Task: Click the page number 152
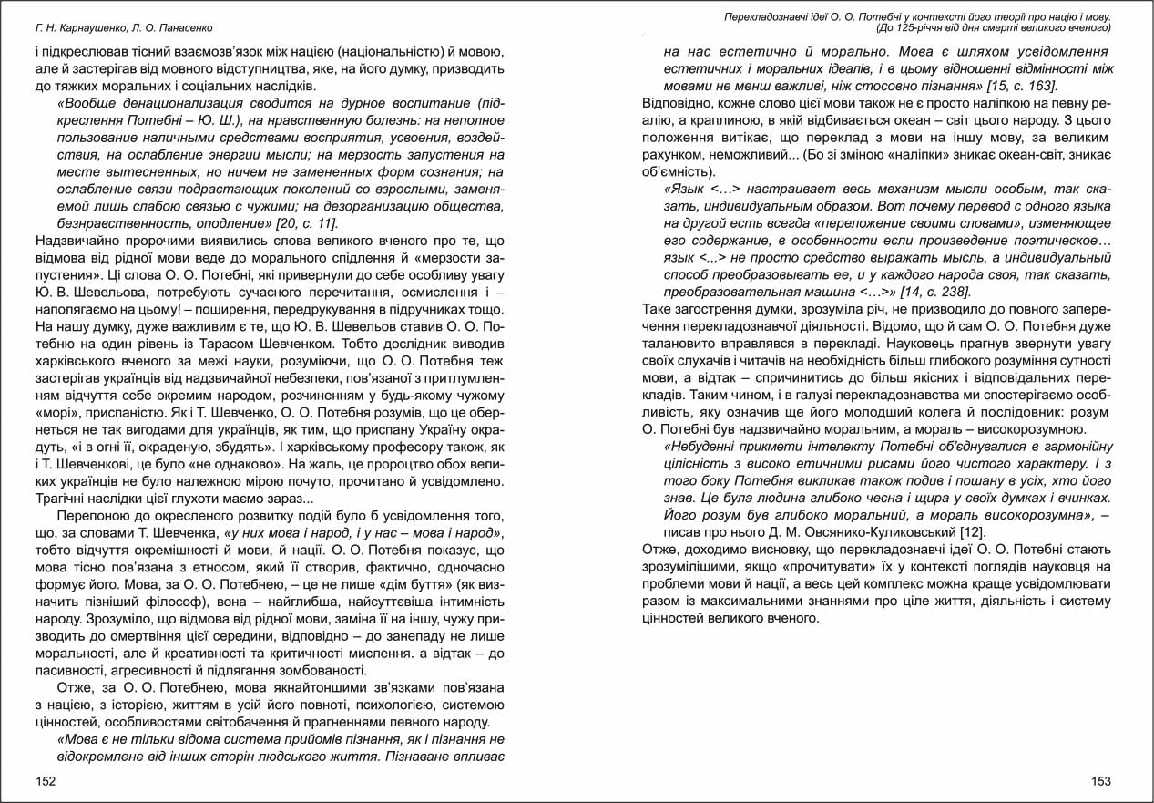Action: tap(46, 781)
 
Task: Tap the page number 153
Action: tap(1100, 781)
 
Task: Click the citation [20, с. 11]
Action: tap(310, 222)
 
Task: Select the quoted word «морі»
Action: tap(55, 411)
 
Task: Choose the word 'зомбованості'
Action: tap(323, 670)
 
